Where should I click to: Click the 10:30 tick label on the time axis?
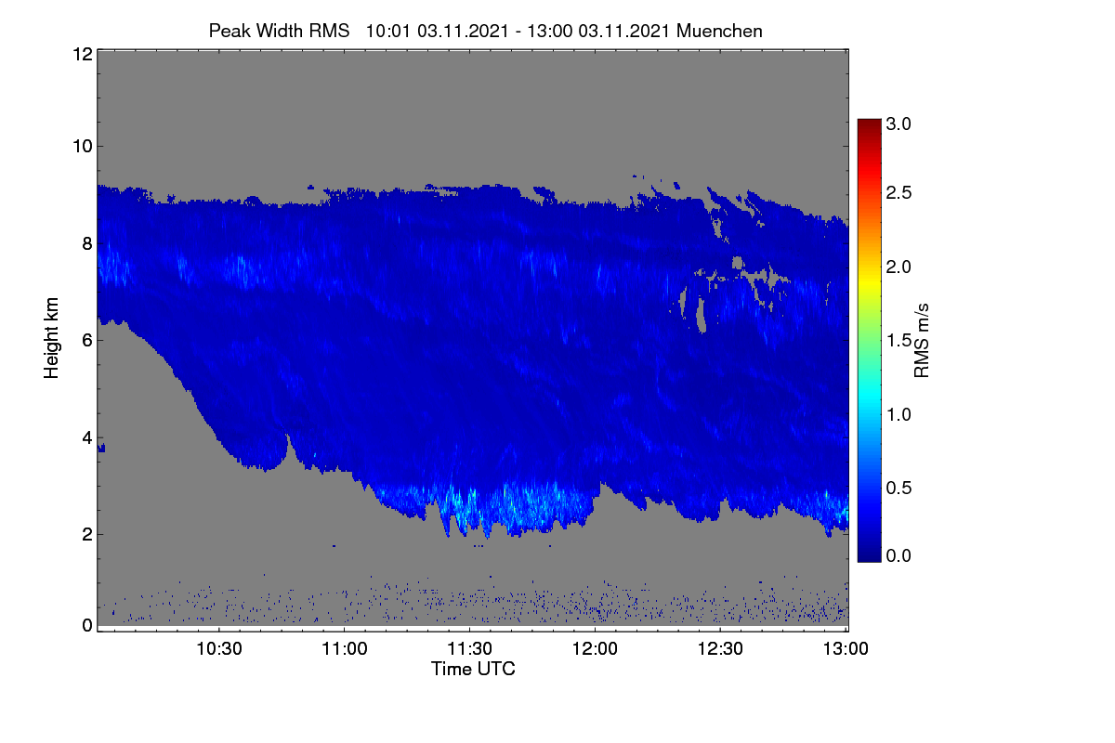pos(219,648)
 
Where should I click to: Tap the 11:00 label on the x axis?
pos(345,648)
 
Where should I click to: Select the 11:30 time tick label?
pos(469,648)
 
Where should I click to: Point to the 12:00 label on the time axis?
pos(595,648)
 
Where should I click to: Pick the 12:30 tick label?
pos(720,648)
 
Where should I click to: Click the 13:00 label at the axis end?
pos(846,648)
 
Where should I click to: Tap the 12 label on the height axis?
pos(83,54)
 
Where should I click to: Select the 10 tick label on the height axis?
pos(83,147)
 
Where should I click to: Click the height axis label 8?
pos(87,243)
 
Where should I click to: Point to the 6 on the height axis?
pos(87,341)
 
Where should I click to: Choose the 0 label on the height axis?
pos(87,626)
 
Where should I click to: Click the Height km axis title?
pos(51,338)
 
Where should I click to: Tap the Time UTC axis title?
pos(473,669)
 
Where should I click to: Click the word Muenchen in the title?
pos(719,31)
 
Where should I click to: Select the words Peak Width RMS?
pos(279,31)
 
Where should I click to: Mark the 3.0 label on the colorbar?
pos(899,124)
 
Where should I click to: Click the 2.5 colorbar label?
pos(899,192)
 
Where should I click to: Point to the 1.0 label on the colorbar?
pos(899,414)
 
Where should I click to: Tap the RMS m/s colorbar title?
pos(922,341)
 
